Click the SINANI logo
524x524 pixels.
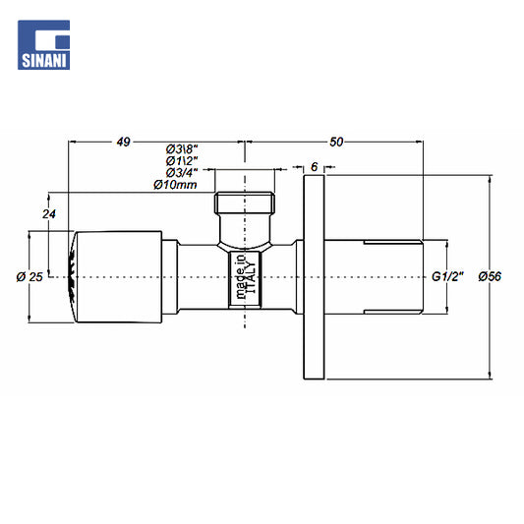pyautogui.click(x=44, y=45)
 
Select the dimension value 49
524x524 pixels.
pyautogui.click(x=123, y=142)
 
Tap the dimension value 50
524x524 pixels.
pyautogui.click(x=336, y=142)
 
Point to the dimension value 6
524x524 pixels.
pyautogui.click(x=315, y=167)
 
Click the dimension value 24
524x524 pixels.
pyautogui.click(x=49, y=214)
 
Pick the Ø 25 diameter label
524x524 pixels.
pyautogui.click(x=29, y=277)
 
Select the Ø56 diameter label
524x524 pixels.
pyautogui.click(x=490, y=276)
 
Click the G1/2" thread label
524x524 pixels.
pyautogui.click(x=447, y=276)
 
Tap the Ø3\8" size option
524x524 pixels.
pyautogui.click(x=182, y=148)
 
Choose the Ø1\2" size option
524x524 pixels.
pyautogui.click(x=182, y=161)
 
